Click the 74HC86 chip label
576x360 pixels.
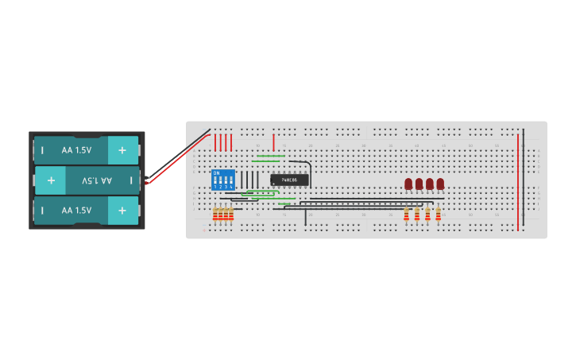tap(289, 180)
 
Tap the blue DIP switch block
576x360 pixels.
tap(223, 179)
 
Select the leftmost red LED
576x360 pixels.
tap(408, 184)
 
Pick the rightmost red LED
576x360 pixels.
tap(440, 184)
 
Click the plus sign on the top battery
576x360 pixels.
tap(122, 150)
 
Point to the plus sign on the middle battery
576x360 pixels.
tap(51, 180)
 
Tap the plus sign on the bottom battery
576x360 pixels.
tap(122, 211)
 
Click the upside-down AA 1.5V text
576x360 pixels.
tap(97, 180)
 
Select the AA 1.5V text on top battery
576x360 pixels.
tap(76, 150)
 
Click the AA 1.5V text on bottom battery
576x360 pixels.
tap(76, 211)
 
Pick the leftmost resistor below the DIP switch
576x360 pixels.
tap(215, 214)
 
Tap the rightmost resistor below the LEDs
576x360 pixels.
tap(438, 214)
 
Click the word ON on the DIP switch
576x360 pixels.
tap(216, 172)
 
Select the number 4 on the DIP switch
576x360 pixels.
tap(231, 186)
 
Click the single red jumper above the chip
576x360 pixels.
tap(273, 142)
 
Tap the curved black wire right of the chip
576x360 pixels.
tap(308, 171)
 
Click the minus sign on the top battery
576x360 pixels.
tap(42, 150)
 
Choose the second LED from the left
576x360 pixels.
tap(419, 184)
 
